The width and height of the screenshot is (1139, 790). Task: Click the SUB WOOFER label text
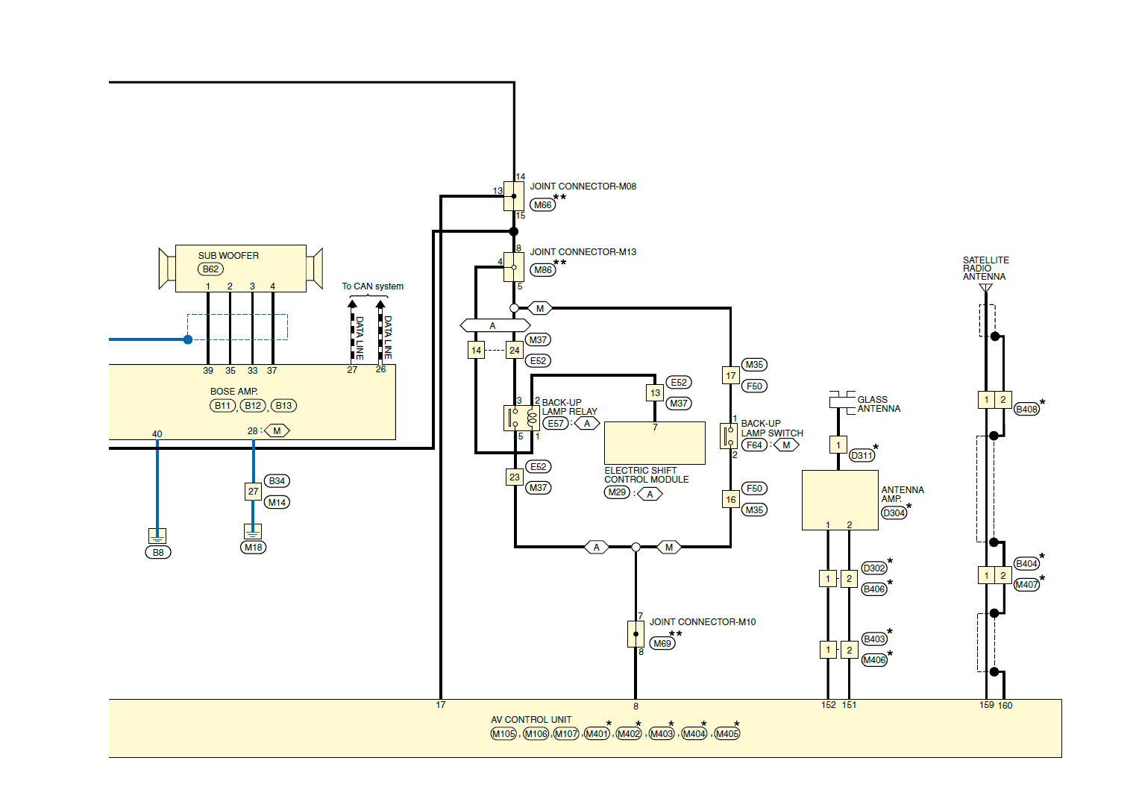click(228, 255)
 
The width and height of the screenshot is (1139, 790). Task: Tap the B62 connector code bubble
click(210, 269)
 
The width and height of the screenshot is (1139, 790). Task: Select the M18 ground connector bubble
click(253, 548)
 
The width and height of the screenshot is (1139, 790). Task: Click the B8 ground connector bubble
click(158, 553)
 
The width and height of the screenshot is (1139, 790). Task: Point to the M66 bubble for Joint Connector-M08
click(542, 205)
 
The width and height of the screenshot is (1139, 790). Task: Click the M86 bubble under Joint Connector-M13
click(542, 270)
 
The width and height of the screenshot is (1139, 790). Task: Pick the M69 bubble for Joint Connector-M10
click(662, 644)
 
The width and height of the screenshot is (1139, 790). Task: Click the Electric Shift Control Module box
click(654, 443)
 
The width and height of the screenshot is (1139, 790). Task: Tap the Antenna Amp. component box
click(840, 500)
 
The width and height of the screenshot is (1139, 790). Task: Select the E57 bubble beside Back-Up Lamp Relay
click(555, 423)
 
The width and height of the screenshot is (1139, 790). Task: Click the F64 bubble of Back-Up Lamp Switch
click(754, 445)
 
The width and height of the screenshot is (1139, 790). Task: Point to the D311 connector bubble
click(862, 455)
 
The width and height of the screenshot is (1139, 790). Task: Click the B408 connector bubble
click(1026, 410)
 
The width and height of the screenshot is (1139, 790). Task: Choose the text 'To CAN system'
click(373, 286)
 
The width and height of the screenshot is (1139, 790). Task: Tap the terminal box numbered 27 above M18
click(253, 492)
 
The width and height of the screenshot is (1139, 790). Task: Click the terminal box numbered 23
click(515, 477)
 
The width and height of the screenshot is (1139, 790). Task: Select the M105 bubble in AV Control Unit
click(503, 733)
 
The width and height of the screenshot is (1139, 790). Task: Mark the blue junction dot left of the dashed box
click(188, 339)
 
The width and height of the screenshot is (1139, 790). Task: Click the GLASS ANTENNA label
click(879, 404)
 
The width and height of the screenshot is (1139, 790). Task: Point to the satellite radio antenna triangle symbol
click(986, 288)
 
